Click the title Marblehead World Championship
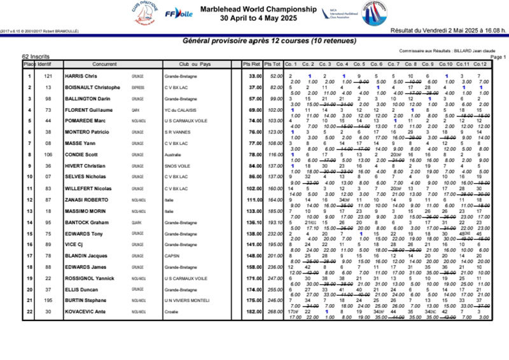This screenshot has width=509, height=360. (258, 10)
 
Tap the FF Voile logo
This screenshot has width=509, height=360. (179, 13)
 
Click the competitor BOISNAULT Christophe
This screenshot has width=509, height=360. (93, 87)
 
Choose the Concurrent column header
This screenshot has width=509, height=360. (104, 64)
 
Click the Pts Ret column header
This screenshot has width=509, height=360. (251, 64)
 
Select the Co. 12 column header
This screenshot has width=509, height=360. (479, 64)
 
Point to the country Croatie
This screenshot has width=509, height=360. (172, 312)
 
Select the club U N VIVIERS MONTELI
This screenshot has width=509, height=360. (186, 300)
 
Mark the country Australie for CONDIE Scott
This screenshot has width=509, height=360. (174, 155)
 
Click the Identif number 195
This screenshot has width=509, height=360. (48, 300)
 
